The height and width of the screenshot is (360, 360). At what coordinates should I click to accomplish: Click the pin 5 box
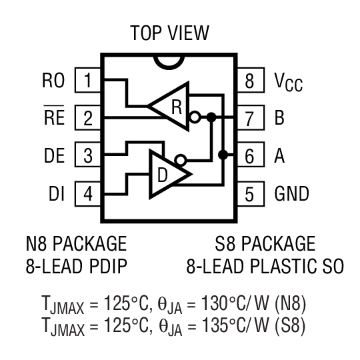pyautogui.click(x=249, y=194)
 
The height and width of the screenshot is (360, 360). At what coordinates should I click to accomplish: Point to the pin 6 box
pyautogui.click(x=249, y=157)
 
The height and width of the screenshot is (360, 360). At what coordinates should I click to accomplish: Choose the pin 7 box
pyautogui.click(x=249, y=119)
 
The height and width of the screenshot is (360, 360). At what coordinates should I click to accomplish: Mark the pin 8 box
pyautogui.click(x=249, y=81)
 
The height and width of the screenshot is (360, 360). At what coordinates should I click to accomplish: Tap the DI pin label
pyautogui.click(x=55, y=194)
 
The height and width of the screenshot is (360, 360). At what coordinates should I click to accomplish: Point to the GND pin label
pyautogui.click(x=292, y=194)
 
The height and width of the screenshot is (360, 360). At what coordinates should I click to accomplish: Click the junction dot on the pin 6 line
pyautogui.click(x=223, y=155)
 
